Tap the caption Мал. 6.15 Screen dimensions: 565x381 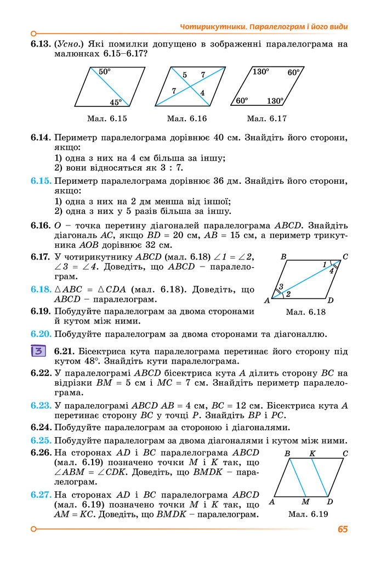tap(107, 118)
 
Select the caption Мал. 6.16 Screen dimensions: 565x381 tap(187, 118)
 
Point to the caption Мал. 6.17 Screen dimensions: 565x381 tap(267, 118)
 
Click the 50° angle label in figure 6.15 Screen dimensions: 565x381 tap(105, 71)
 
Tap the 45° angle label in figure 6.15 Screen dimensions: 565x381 tap(115, 102)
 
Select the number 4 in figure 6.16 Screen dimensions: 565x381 tap(202, 93)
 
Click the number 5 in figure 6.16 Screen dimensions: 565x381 tap(184, 75)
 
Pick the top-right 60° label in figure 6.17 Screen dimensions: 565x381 tap(293, 72)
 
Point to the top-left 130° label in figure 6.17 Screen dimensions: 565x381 tap(260, 71)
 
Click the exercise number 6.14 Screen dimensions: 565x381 tap(41, 137)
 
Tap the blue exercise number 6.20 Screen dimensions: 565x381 tap(41, 334)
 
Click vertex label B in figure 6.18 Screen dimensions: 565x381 tap(283, 256)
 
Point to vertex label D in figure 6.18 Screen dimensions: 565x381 tap(330, 301)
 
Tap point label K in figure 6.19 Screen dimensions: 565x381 tap(312, 454)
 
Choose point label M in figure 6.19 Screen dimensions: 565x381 tap(305, 501)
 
